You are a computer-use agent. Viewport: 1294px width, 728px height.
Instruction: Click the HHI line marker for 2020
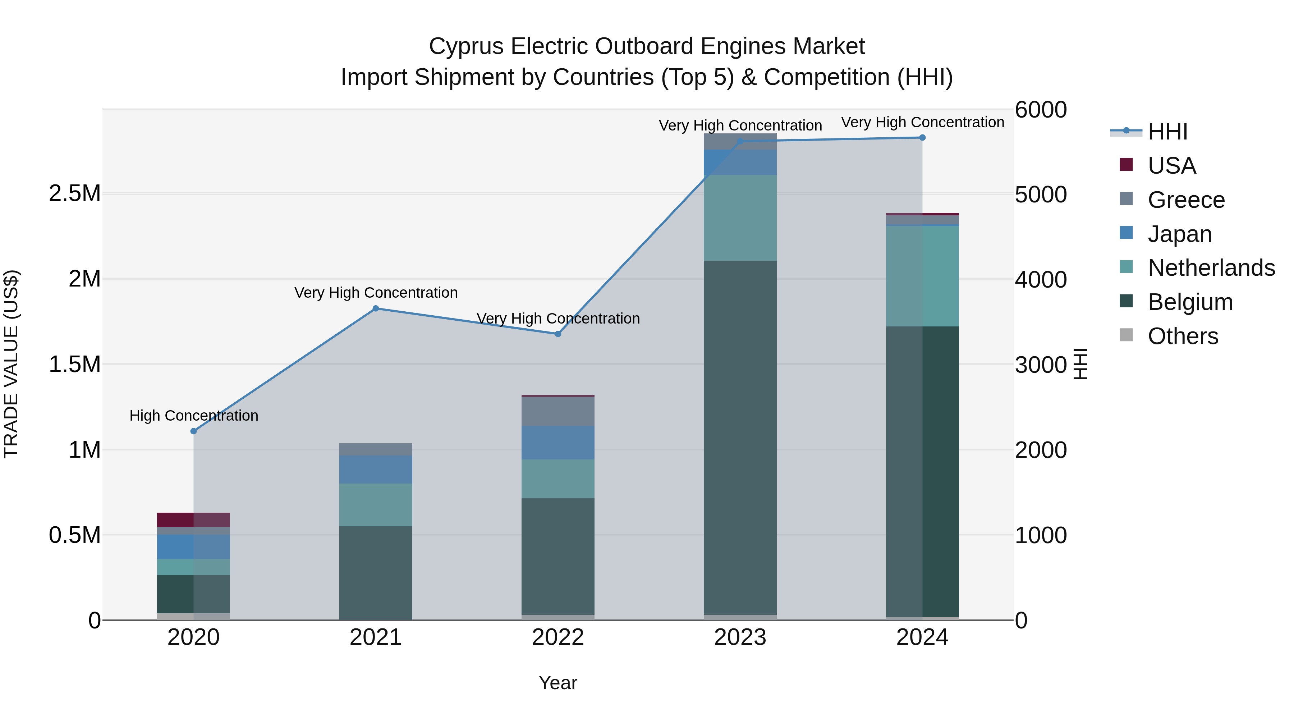point(193,431)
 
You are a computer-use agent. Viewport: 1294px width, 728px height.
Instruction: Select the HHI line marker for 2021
point(376,308)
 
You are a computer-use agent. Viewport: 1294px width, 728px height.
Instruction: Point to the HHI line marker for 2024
point(922,138)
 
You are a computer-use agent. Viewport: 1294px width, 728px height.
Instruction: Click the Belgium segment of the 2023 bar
point(740,437)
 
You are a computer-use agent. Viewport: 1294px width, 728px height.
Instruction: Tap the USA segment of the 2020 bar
point(193,519)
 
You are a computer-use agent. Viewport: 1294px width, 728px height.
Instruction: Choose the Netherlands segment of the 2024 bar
point(922,276)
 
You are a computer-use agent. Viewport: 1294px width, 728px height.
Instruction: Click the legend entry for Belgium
point(1189,302)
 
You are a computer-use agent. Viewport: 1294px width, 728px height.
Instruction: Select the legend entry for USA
point(1171,166)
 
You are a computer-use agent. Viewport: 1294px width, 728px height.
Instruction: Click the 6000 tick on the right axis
point(1040,110)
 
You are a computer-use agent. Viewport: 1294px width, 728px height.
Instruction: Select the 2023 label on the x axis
point(740,637)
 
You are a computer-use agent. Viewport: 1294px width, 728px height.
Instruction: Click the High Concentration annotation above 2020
point(194,416)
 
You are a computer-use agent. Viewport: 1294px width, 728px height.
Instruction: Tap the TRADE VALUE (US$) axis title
point(11,364)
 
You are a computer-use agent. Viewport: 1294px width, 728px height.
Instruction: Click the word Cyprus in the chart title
point(465,46)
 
